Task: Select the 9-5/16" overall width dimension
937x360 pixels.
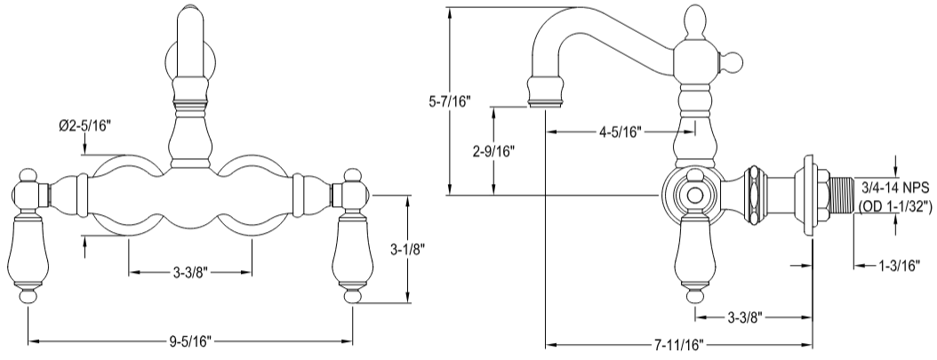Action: tap(192, 340)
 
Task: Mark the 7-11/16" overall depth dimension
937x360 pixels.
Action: tap(677, 344)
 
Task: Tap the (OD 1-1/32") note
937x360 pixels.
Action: tap(894, 206)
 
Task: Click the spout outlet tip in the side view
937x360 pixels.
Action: tap(546, 94)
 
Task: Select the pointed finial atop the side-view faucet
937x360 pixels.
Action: tap(697, 22)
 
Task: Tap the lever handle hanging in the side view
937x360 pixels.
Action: tap(695, 258)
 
